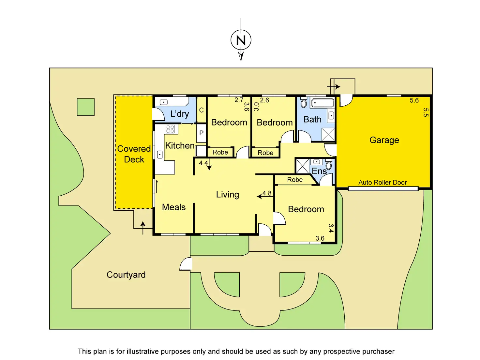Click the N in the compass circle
[241, 40]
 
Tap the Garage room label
[384, 140]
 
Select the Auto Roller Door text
[382, 182]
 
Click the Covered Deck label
[134, 154]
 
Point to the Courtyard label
[126, 275]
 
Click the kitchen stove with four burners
[170, 129]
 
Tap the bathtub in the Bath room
[323, 103]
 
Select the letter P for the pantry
[201, 133]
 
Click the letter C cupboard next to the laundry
[201, 110]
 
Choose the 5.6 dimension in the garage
[414, 100]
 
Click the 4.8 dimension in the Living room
[267, 193]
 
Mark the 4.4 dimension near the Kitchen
[203, 163]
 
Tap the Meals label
[174, 207]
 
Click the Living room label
[228, 195]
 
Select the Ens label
[319, 171]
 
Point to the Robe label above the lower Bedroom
[295, 180]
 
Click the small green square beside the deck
[86, 107]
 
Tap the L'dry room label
[180, 114]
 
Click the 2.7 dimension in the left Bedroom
[239, 100]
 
